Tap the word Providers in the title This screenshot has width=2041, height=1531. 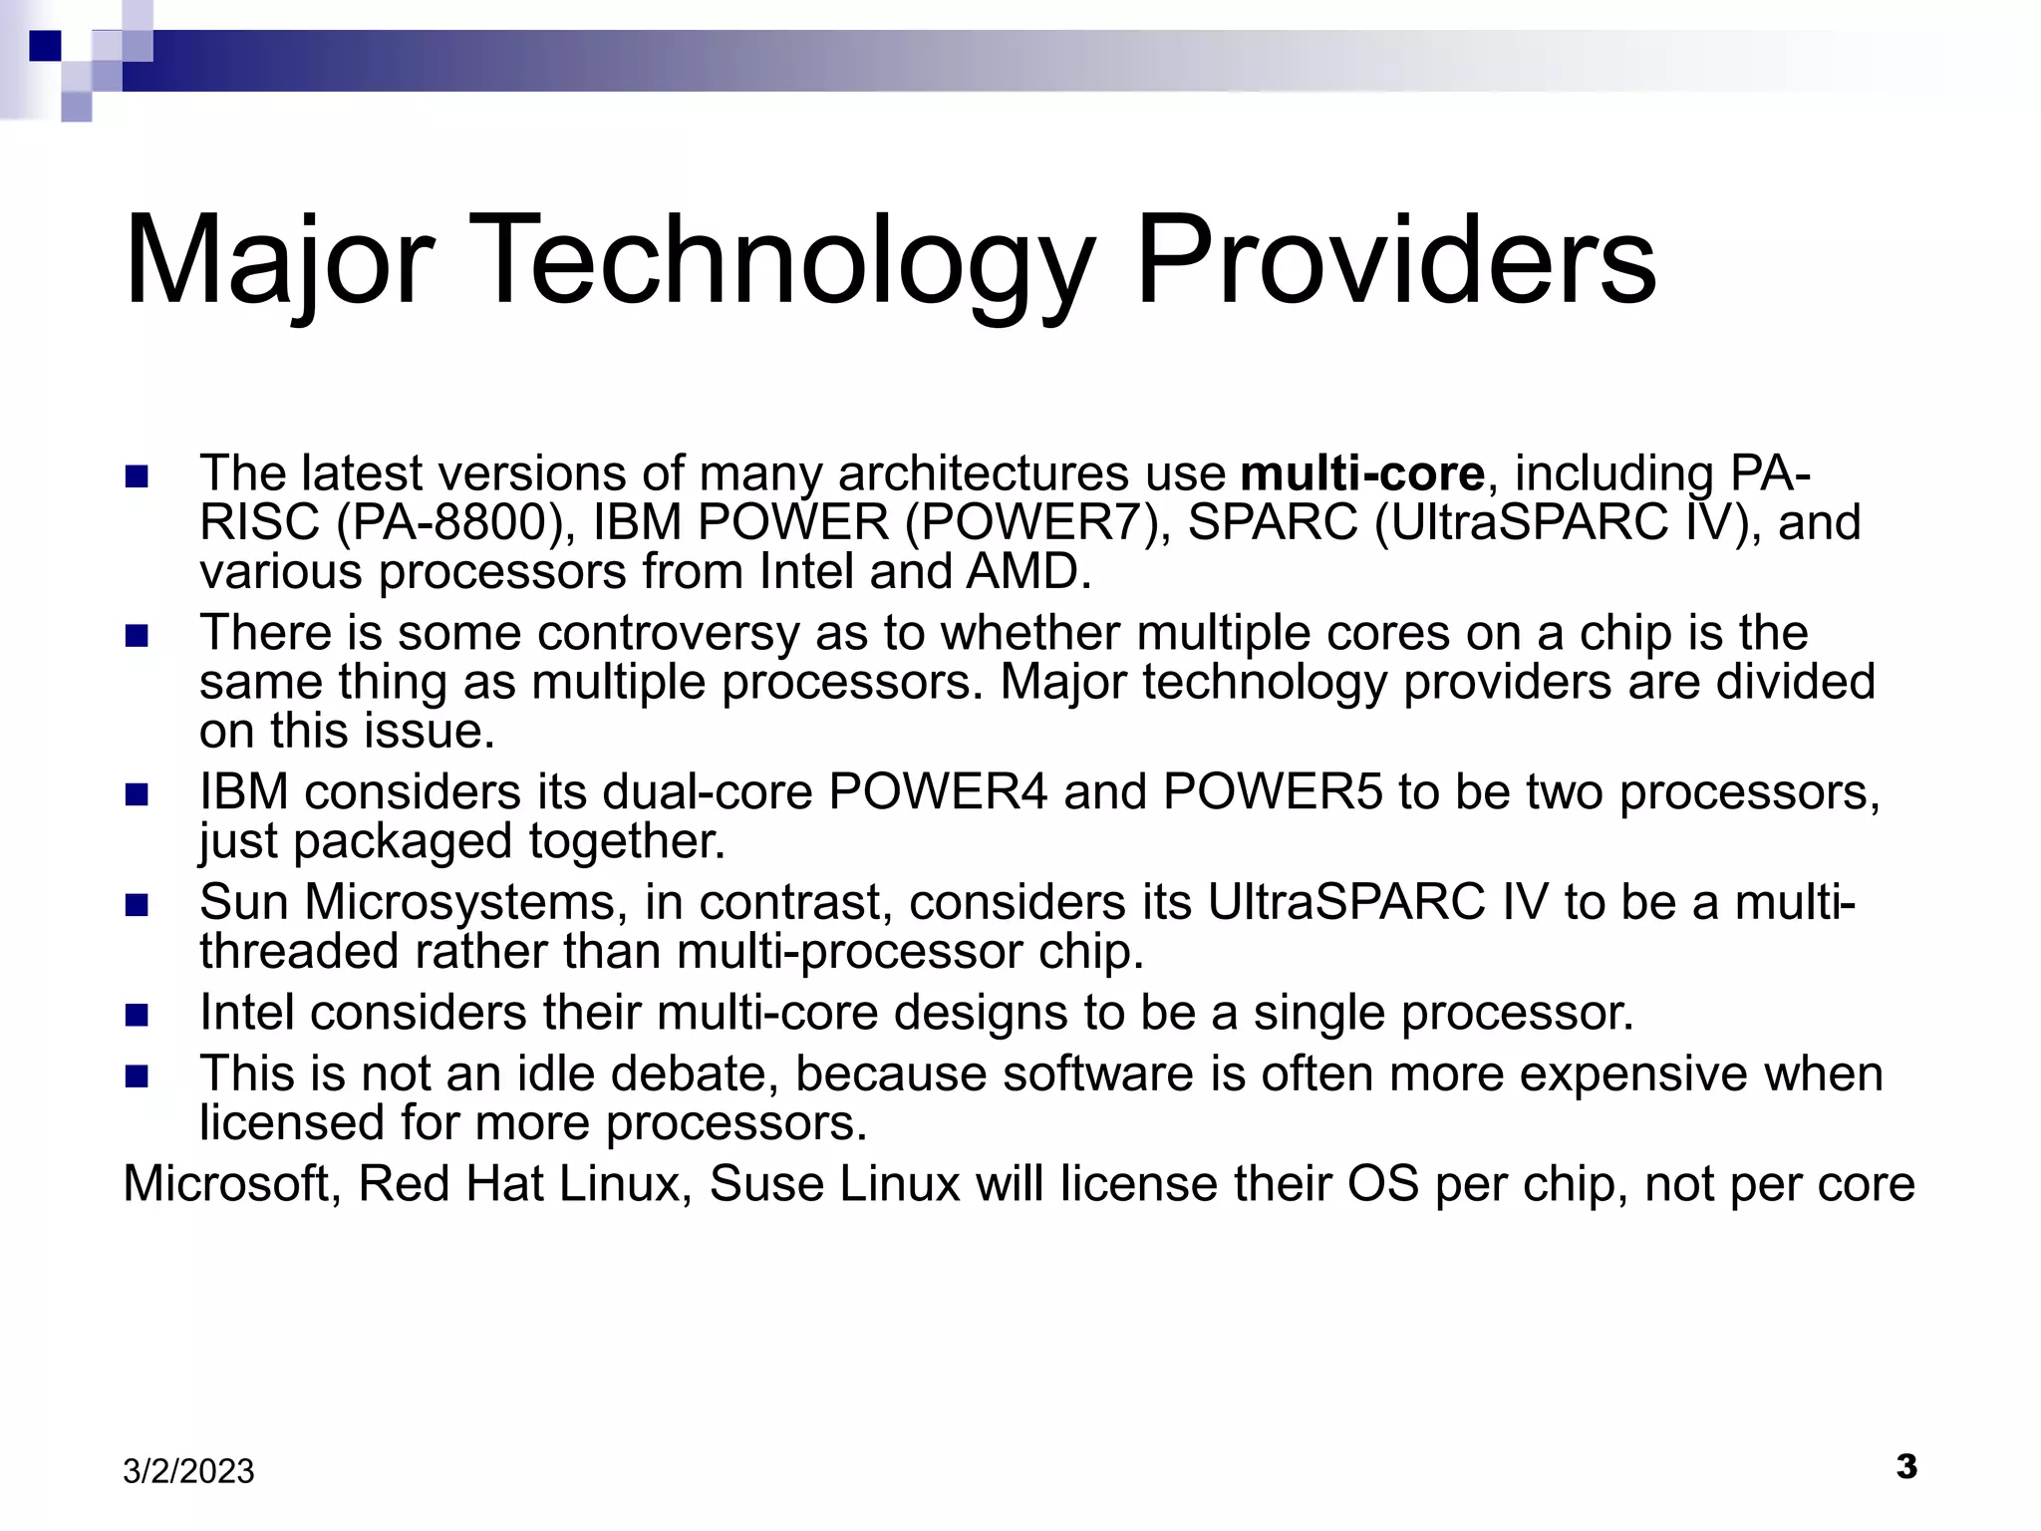pyautogui.click(x=1395, y=261)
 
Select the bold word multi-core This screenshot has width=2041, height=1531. pyautogui.click(x=1362, y=473)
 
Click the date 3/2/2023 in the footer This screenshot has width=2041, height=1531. pyautogui.click(x=188, y=1471)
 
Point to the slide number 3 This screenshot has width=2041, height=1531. pyautogui.click(x=1905, y=1466)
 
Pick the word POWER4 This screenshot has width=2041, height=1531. pyautogui.click(x=938, y=792)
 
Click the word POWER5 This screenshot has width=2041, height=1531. pyautogui.click(x=1273, y=792)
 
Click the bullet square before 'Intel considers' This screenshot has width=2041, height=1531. pyautogui.click(x=137, y=1016)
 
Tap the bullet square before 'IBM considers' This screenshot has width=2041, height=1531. pyautogui.click(x=137, y=794)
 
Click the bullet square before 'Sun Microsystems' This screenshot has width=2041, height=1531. pyautogui.click(x=137, y=905)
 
